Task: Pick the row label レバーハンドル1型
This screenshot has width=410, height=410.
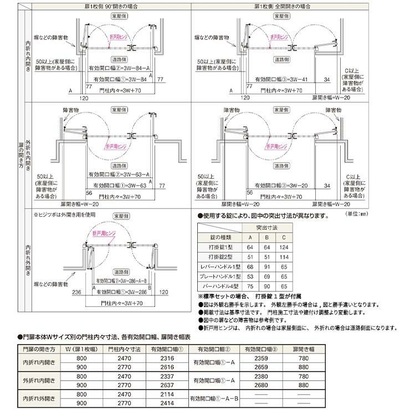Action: (221, 266)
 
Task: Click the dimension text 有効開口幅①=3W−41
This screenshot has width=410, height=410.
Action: (283, 80)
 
